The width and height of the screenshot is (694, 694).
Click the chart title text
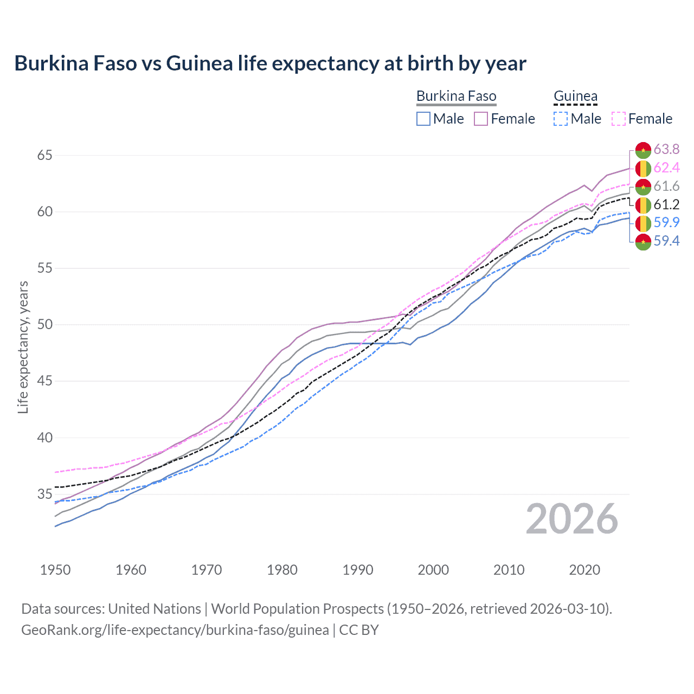[x=270, y=63]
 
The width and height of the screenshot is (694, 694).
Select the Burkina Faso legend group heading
[x=456, y=96]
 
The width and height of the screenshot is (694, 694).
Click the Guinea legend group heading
[x=575, y=96]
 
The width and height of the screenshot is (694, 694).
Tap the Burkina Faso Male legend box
[x=423, y=119]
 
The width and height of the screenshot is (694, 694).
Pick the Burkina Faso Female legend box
[x=481, y=119]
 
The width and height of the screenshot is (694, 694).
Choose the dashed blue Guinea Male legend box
[x=561, y=119]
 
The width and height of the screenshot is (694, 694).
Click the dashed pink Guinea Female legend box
[x=619, y=119]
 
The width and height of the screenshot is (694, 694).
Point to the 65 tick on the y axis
[x=44, y=156]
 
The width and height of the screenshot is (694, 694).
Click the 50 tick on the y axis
[x=44, y=325]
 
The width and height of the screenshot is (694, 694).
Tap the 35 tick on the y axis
[x=44, y=494]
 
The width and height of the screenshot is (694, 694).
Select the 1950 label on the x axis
[x=55, y=570]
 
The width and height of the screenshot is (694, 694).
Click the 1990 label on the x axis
[x=358, y=570]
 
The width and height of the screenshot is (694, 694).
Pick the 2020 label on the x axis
[x=584, y=570]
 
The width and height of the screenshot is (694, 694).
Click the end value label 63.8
[x=666, y=150]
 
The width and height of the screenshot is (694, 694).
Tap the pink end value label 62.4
[x=666, y=168]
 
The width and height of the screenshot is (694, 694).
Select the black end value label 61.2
[x=666, y=204]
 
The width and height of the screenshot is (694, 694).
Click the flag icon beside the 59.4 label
[x=643, y=241]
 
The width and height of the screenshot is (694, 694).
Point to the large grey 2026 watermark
[x=572, y=519]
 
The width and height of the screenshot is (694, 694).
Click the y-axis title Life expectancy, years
[x=23, y=347]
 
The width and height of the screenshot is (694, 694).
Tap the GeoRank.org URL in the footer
[x=175, y=630]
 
